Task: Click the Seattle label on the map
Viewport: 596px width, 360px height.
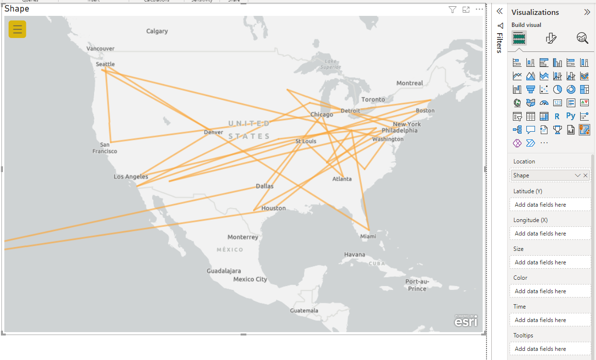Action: [105, 64]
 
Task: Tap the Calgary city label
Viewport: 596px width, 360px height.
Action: [157, 31]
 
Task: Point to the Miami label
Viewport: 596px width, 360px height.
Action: [368, 236]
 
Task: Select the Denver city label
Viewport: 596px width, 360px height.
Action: [213, 132]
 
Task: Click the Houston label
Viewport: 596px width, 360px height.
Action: [273, 208]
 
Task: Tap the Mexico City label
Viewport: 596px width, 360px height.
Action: [250, 279]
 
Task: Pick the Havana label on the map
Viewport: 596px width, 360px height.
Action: [354, 254]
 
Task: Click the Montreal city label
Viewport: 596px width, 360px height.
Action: [410, 83]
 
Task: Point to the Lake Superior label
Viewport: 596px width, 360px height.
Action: [330, 64]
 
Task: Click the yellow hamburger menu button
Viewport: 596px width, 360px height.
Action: [17, 29]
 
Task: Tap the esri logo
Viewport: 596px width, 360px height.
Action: [466, 321]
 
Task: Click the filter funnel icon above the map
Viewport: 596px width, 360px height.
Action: [452, 10]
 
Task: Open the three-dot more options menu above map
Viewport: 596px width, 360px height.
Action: [479, 10]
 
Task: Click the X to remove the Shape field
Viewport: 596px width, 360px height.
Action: [585, 175]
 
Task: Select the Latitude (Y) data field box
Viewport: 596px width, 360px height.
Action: [550, 205]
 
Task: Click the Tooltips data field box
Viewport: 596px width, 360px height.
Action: [550, 349]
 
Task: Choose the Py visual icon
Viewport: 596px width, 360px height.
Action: [571, 116]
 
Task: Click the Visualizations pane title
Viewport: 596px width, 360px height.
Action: [535, 12]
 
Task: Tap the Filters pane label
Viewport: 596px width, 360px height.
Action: [499, 43]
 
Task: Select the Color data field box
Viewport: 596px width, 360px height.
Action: [550, 291]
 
